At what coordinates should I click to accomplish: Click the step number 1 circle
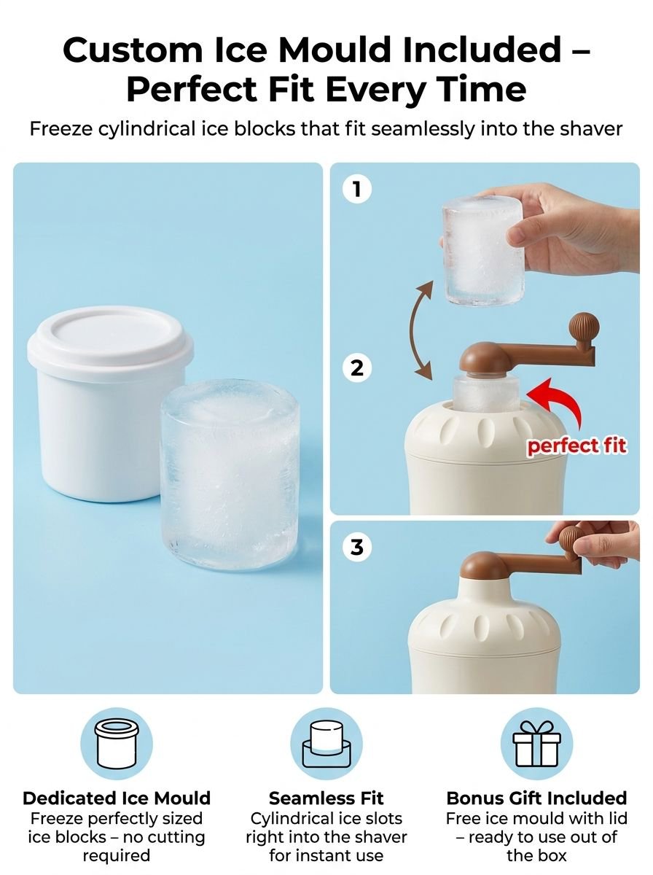click(357, 189)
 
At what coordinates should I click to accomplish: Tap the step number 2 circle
click(357, 367)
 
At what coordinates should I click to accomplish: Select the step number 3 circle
click(357, 547)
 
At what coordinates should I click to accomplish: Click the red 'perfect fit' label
click(577, 446)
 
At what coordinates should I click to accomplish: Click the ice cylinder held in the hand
click(483, 250)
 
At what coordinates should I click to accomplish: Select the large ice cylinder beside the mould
click(230, 476)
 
